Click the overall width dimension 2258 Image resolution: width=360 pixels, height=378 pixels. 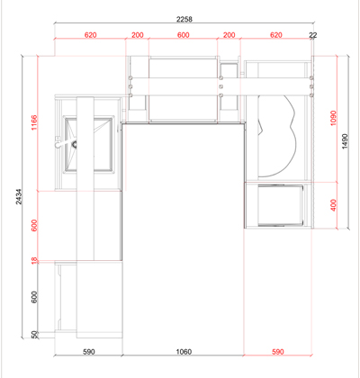click(184, 19)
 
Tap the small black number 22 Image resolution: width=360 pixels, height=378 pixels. click(313, 35)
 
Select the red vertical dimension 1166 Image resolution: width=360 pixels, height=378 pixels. click(35, 122)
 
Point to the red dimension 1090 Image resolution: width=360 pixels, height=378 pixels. click(333, 118)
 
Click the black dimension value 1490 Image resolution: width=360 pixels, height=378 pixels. click(345, 141)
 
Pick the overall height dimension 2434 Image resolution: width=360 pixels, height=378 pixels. click(19, 196)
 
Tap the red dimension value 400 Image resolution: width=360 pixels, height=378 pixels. click(333, 205)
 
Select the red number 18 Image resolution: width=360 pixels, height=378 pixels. click(35, 261)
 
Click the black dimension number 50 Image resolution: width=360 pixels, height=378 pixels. click(35, 334)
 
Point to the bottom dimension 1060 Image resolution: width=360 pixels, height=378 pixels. click(184, 351)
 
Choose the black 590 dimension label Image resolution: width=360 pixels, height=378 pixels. click(89, 351)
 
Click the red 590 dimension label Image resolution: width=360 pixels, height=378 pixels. click(278, 351)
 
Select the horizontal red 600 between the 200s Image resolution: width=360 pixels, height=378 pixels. click(184, 35)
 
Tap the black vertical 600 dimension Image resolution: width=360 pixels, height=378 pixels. click(35, 297)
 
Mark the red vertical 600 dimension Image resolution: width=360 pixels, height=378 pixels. click(35, 226)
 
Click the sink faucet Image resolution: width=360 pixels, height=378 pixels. click(66, 143)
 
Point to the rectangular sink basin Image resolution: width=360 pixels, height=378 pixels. click(89, 145)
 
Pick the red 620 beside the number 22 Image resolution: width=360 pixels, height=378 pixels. click(276, 35)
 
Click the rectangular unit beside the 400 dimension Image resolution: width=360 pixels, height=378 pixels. click(281, 205)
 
